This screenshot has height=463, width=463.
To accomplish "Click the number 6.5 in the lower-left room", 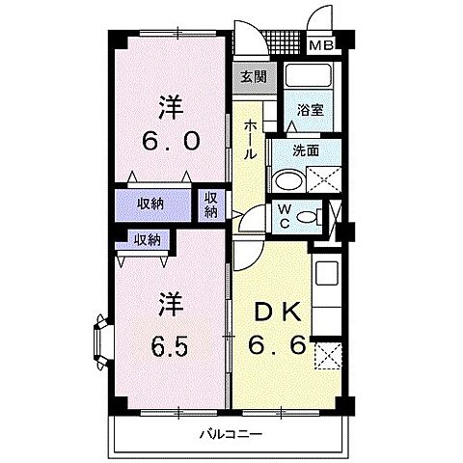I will (x=168, y=344).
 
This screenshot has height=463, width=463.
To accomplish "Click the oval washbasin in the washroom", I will (x=286, y=180).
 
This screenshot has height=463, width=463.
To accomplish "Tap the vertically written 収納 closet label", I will (x=211, y=204).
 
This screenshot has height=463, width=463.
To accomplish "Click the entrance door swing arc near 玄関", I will (x=249, y=39).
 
